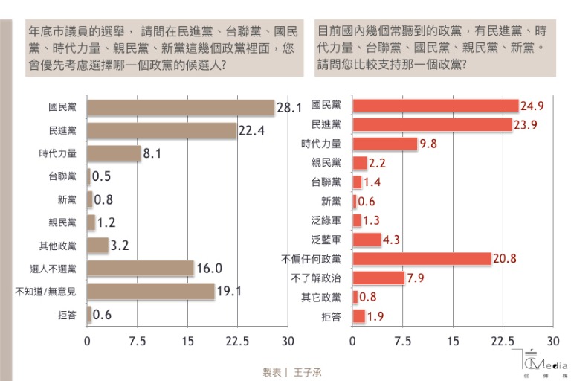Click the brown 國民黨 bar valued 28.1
point(181,108)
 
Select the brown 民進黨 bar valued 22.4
point(162,130)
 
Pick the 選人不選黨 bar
point(141,268)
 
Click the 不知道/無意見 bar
point(151,291)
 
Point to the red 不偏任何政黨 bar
point(422,259)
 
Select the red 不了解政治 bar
point(378,278)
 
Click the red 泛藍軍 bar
point(367,240)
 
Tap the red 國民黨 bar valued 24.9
point(435,106)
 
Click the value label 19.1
point(230,292)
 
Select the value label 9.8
point(428,144)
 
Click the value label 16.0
point(210,269)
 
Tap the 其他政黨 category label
point(63,245)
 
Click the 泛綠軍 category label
point(326,220)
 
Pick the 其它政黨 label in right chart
point(326,298)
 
